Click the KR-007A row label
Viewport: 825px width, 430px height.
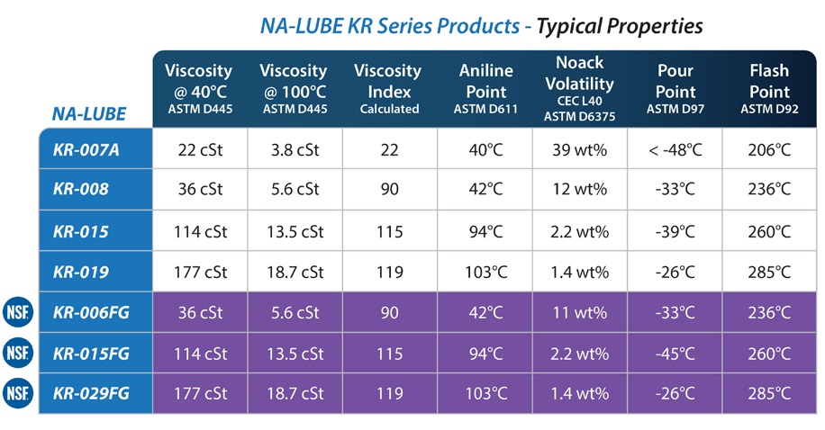(86, 150)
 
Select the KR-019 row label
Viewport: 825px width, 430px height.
(80, 272)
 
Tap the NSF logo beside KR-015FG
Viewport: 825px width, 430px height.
(18, 353)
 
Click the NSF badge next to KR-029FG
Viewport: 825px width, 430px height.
(18, 393)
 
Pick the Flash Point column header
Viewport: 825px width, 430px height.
(769, 88)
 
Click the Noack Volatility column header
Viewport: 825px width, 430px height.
(579, 88)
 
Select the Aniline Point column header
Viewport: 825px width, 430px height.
(485, 88)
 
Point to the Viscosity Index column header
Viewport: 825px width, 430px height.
(388, 88)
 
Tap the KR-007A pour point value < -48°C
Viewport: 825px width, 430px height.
(675, 150)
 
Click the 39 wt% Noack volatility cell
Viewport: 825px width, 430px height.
(579, 150)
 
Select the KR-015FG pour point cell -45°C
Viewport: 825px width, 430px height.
(675, 354)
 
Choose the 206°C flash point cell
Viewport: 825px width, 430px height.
(769, 150)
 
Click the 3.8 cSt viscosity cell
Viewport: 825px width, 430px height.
(295, 150)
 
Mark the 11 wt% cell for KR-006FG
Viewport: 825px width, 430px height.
(579, 312)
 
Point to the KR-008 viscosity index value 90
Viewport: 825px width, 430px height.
(389, 189)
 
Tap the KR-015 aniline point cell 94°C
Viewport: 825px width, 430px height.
(485, 231)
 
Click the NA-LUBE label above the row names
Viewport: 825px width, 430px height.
(89, 113)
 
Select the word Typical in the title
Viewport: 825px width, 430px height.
(569, 26)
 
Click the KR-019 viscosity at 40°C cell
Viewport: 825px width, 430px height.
(201, 272)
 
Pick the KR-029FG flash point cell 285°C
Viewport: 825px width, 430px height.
(769, 393)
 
